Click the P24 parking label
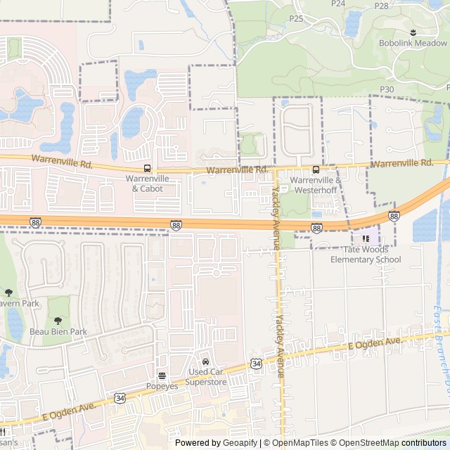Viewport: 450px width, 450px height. [x=338, y=4]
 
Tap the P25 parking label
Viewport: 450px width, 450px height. [x=295, y=18]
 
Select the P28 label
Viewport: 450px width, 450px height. [x=381, y=6]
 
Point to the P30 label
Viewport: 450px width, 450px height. [x=386, y=89]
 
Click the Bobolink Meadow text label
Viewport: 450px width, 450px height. [x=413, y=43]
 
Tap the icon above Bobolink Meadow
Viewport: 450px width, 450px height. [x=413, y=32]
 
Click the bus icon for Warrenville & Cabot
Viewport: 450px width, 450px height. [x=147, y=169]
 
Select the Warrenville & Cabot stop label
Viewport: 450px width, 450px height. [x=148, y=184]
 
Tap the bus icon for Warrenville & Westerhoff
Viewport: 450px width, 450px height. [x=316, y=169]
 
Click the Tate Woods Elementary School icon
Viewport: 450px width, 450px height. [x=366, y=239]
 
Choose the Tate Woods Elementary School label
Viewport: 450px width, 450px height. [x=366, y=255]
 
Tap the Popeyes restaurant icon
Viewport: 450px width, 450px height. [x=162, y=375]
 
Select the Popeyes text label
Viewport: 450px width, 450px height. [x=162, y=386]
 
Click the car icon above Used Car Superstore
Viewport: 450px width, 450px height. [x=205, y=361]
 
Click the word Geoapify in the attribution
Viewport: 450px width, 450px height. [x=236, y=443]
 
